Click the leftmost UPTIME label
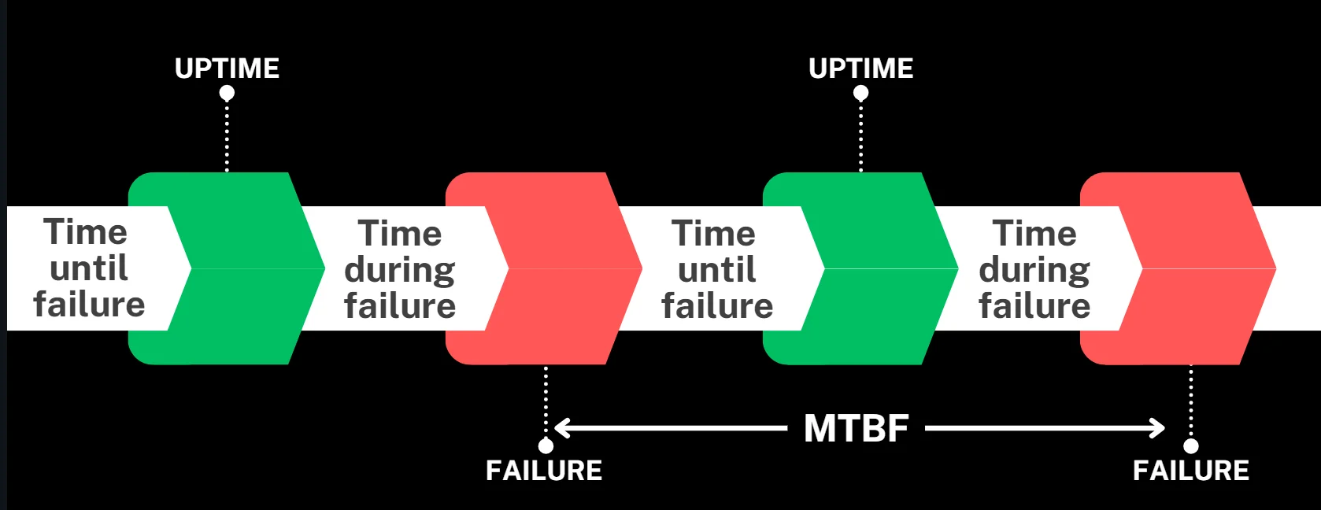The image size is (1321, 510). click(x=227, y=68)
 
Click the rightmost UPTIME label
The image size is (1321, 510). click(x=860, y=68)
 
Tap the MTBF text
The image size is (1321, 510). click(x=856, y=429)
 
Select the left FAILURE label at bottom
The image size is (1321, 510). click(x=544, y=471)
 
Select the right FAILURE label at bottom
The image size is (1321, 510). click(x=1190, y=471)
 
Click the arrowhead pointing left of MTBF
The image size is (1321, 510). click(x=561, y=429)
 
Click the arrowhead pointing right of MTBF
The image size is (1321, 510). click(x=1158, y=429)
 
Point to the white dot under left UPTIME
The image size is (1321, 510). click(x=227, y=94)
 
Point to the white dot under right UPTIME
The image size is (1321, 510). click(x=860, y=94)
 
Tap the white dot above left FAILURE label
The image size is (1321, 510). click(x=545, y=446)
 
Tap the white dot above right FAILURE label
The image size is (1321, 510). click(x=1191, y=446)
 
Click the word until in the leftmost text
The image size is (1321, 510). click(x=88, y=268)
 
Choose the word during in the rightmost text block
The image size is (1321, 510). click(x=1034, y=270)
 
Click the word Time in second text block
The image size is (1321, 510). click(x=400, y=234)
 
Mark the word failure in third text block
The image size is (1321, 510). click(x=717, y=306)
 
